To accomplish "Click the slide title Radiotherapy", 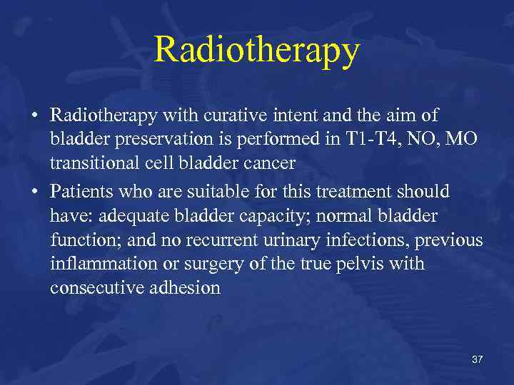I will pos(257,50).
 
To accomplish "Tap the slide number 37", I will pos(477,359).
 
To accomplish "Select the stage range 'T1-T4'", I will pos(368,138).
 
